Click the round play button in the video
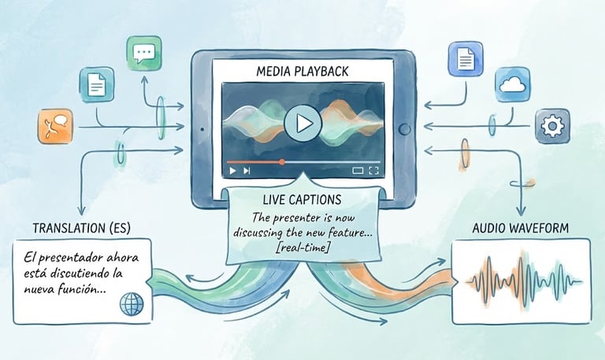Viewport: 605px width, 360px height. tap(302, 123)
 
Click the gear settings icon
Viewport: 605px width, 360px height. tap(551, 125)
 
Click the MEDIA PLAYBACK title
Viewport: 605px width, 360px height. tap(302, 72)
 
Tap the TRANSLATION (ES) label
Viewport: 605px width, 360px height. tap(82, 228)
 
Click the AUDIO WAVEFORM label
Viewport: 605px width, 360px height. tap(520, 228)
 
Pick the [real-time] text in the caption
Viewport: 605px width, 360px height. tap(302, 248)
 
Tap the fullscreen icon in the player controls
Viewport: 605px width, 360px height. tap(374, 169)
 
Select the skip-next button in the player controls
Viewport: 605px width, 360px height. tap(247, 169)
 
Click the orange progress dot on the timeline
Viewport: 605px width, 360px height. tap(281, 161)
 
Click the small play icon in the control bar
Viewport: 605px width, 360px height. tap(232, 169)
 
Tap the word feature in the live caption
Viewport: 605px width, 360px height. tap(351, 232)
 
